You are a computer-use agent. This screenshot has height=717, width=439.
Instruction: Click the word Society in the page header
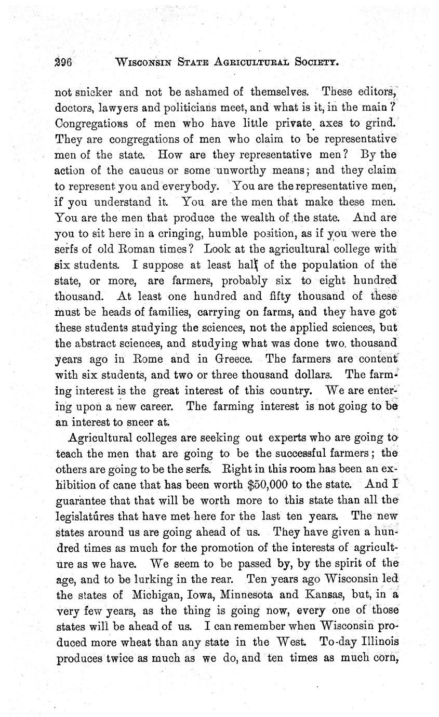pyautogui.click(x=316, y=63)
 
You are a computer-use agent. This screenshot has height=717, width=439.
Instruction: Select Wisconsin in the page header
pyautogui.click(x=148, y=63)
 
